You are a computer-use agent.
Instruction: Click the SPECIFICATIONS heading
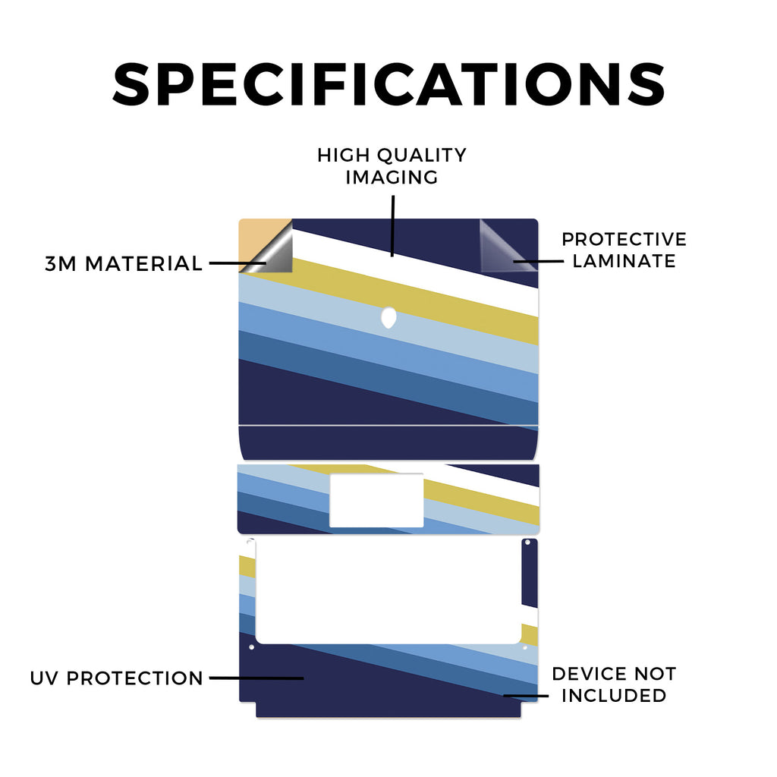[x=388, y=83]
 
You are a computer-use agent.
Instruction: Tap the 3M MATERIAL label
[x=124, y=263]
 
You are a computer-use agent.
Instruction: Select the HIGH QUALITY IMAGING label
[x=392, y=166]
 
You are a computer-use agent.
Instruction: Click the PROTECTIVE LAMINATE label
[x=624, y=250]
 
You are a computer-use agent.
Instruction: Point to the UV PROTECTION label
[x=116, y=678]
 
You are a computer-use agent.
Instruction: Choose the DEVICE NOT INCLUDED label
[x=614, y=684]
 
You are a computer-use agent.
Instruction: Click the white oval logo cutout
[x=389, y=318]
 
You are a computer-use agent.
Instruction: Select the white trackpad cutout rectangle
[x=376, y=501]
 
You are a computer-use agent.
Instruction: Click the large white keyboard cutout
[x=388, y=591]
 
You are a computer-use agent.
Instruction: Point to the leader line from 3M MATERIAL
[x=238, y=263]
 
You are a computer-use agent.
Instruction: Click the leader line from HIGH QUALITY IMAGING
[x=392, y=226]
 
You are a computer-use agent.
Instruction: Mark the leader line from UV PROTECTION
[x=256, y=678]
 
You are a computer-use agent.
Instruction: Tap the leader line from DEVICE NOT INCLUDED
[x=526, y=696]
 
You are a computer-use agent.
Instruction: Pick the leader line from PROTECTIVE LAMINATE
[x=538, y=261]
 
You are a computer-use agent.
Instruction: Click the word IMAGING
[x=392, y=178]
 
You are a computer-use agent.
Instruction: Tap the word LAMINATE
[x=624, y=261]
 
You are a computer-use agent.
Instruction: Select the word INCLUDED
[x=614, y=695]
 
